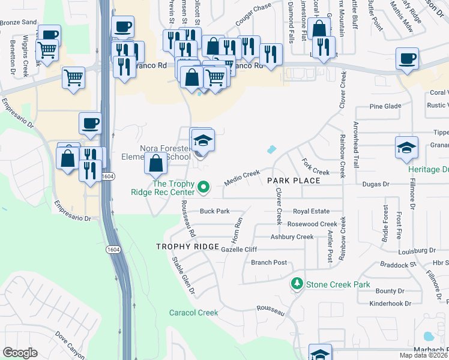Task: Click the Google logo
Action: [20, 353]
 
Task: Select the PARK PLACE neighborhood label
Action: [294, 180]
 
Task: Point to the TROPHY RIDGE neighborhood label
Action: [185, 247]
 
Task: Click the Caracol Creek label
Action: [194, 313]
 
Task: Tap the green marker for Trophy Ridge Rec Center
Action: [203, 188]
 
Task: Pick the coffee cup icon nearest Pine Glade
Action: [407, 59]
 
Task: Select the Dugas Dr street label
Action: [378, 184]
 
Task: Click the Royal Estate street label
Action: [311, 211]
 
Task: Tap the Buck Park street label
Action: [215, 211]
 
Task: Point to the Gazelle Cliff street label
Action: [239, 249]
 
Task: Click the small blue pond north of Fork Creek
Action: [272, 149]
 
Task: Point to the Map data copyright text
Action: [424, 355]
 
